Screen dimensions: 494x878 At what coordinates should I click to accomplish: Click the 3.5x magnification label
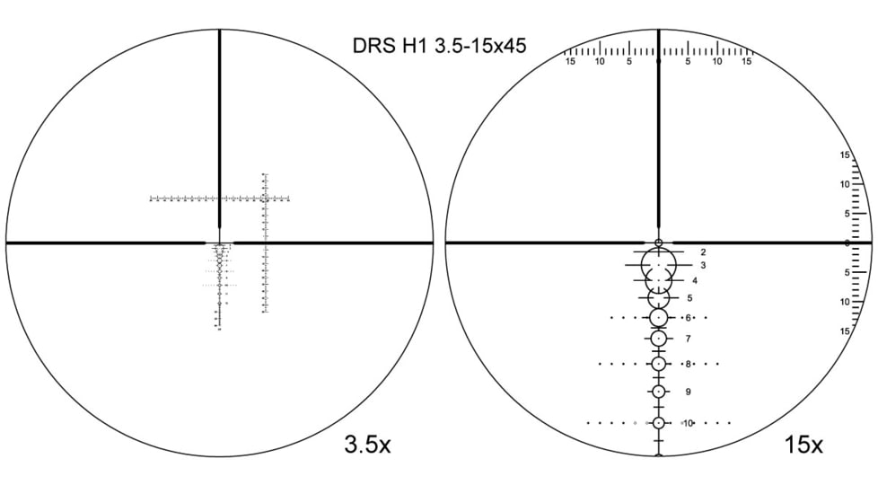(x=367, y=445)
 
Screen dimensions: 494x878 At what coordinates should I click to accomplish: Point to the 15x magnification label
(x=803, y=445)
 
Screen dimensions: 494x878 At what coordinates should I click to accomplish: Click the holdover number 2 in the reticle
(x=703, y=252)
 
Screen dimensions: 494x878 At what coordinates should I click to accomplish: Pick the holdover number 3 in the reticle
(x=703, y=265)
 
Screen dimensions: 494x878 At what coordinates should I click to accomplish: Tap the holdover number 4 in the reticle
(x=695, y=280)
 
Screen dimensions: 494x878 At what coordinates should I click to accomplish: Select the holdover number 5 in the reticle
(x=689, y=297)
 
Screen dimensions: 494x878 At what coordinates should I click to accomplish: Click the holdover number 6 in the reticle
(x=688, y=318)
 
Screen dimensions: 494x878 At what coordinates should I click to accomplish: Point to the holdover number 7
(x=688, y=339)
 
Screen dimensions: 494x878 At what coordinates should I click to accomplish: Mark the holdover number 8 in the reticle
(x=688, y=364)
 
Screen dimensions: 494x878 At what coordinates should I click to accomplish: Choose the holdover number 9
(x=688, y=392)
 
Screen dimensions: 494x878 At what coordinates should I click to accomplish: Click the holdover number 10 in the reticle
(x=688, y=422)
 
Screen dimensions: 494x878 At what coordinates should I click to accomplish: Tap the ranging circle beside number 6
(x=659, y=318)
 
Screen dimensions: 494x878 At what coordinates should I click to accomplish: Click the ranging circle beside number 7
(x=659, y=339)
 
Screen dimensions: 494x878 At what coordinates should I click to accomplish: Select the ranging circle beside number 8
(x=659, y=364)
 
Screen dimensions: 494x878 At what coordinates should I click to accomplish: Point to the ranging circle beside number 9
(x=659, y=392)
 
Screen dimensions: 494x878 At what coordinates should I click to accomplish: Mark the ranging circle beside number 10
(x=659, y=422)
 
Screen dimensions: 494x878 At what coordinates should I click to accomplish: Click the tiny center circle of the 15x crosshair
(x=659, y=243)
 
